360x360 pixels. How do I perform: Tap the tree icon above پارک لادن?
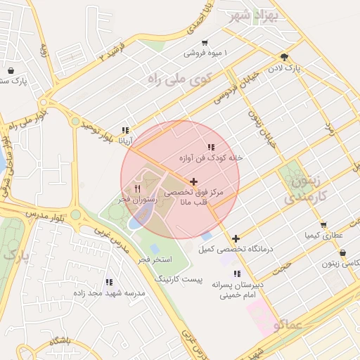284,58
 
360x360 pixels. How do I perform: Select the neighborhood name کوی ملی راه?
179,79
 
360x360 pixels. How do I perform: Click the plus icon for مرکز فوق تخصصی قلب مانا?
194,181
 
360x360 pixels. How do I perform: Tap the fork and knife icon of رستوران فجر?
137,188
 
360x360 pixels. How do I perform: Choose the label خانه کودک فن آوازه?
210,157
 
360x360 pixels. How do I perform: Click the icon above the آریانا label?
125,130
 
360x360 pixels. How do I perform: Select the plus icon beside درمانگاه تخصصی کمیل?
236,238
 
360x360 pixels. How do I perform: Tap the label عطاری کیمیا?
323,234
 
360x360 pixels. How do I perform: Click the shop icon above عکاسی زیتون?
342,252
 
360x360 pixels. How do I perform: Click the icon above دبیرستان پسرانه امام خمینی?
237,274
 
